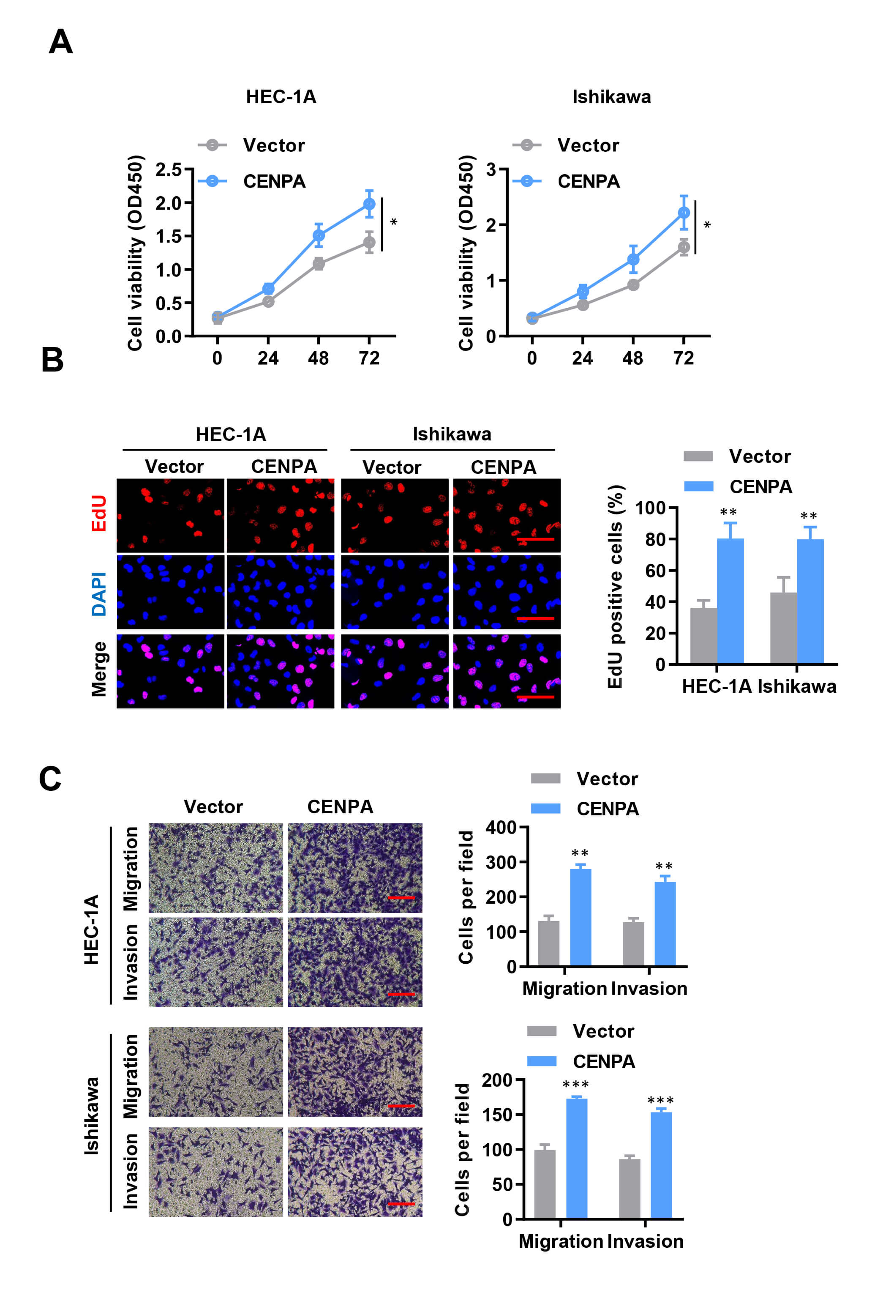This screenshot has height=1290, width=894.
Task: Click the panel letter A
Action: (60, 42)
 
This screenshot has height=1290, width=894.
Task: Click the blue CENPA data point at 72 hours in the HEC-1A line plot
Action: (369, 204)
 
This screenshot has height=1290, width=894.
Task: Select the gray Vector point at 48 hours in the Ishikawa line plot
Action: (633, 285)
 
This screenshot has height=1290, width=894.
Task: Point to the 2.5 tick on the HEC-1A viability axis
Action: (169, 169)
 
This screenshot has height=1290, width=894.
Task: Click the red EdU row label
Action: (99, 513)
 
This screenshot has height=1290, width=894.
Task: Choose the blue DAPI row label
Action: (99, 593)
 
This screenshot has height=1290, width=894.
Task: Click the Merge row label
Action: (99, 669)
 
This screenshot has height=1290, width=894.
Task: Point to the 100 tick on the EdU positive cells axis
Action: (650, 508)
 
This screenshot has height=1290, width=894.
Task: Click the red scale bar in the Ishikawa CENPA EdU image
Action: (535, 539)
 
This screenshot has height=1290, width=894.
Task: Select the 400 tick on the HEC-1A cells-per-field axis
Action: (501, 827)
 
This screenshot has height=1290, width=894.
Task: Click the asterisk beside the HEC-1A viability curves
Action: (394, 222)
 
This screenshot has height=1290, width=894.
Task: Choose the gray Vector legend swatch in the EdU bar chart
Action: (698, 456)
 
